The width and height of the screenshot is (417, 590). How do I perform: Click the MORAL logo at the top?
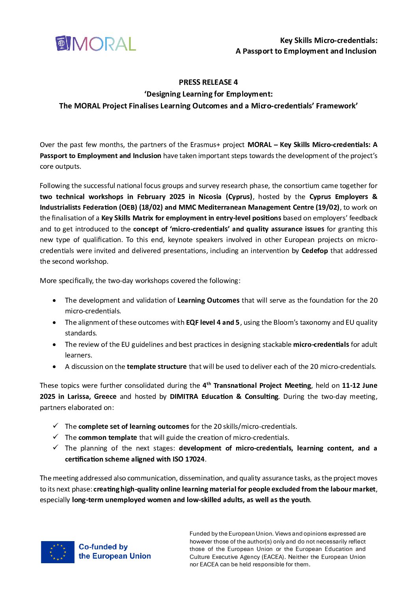pos(96,44)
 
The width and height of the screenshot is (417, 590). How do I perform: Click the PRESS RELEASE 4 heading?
pos(208,82)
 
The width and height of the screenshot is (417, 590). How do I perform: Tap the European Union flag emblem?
pos(58,552)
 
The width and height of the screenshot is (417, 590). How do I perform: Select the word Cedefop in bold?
pos(315,251)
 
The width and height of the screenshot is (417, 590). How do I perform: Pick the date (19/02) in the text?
pos(327,207)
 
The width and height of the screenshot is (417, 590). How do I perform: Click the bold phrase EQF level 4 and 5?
pos(212,322)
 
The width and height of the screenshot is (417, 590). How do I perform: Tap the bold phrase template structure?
pos(156,367)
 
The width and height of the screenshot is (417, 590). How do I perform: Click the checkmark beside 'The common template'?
pos(56,437)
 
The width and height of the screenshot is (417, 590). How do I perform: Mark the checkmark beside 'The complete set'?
pos(56,426)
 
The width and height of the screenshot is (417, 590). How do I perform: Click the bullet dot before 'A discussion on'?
pos(54,367)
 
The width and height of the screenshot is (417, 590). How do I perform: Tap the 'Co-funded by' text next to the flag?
pos(103,547)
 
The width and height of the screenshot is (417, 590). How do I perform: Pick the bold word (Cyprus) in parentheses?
pos(239,197)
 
